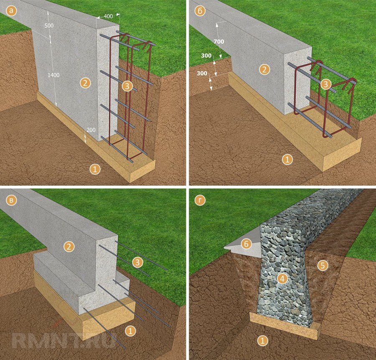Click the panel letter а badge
[11, 11]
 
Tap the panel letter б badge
[200, 11]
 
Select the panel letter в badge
[11, 200]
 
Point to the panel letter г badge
[200, 200]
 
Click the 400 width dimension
[108, 16]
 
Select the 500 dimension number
[49, 26]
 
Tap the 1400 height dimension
[53, 75]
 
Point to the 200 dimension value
[91, 130]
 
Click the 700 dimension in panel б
[218, 41]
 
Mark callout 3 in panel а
[127, 86]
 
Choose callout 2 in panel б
[264, 69]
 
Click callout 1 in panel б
[287, 159]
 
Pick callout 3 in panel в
[137, 262]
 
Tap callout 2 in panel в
[69, 247]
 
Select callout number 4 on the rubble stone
[282, 278]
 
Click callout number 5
[323, 265]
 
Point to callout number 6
[246, 244]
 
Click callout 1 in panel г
[263, 340]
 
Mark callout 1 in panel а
[95, 169]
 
